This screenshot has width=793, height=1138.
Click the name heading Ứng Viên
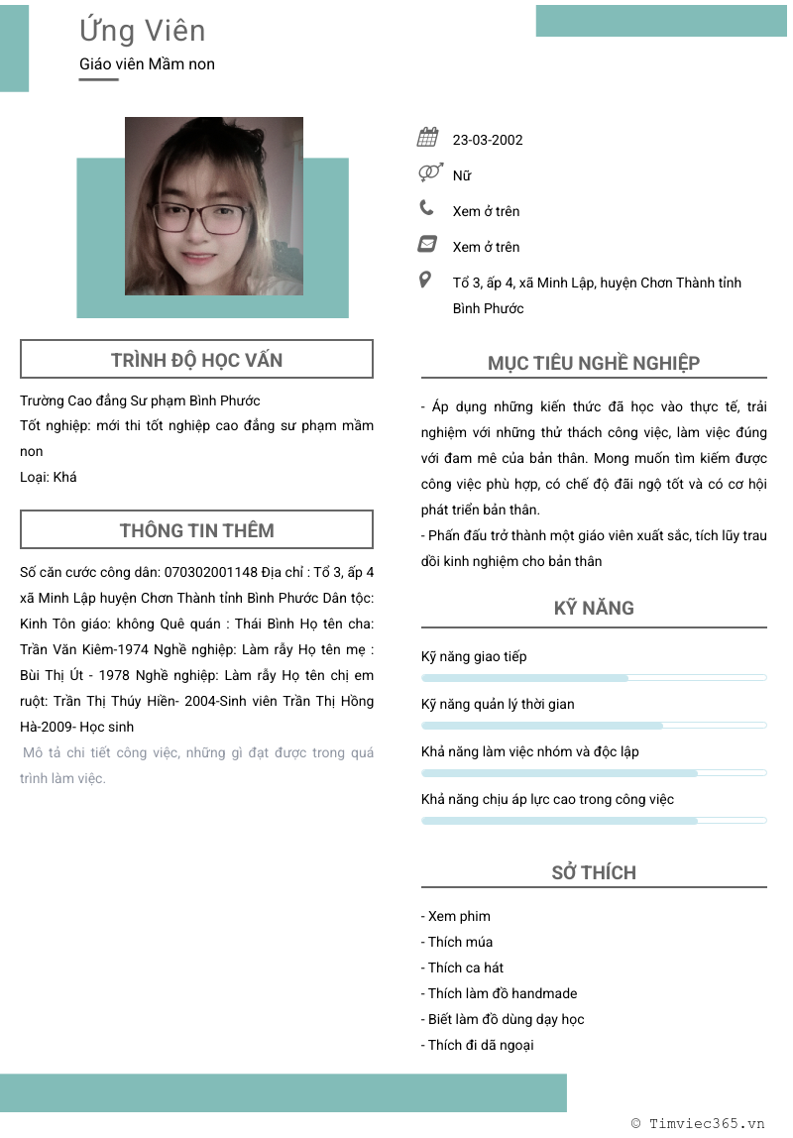[x=142, y=31]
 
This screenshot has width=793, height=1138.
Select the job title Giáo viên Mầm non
[x=147, y=64]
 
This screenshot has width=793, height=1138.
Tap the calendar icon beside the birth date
[x=428, y=138]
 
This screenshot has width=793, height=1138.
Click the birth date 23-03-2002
[x=488, y=140]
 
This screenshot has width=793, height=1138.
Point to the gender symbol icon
[x=428, y=173]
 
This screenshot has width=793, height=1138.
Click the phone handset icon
[x=427, y=208]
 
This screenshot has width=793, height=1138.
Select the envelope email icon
[x=428, y=244]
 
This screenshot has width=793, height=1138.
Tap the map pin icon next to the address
[x=426, y=281]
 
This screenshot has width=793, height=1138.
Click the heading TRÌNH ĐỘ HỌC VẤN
[x=196, y=360]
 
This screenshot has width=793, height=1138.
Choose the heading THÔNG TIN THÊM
[x=196, y=530]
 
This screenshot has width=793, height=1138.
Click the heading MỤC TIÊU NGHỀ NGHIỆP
[x=594, y=363]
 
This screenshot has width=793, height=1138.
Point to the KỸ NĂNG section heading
[x=594, y=608]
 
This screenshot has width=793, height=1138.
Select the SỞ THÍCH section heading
[x=594, y=872]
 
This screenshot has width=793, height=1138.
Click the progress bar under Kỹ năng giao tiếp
[x=594, y=678]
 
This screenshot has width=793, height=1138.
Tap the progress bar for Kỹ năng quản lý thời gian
[x=594, y=726]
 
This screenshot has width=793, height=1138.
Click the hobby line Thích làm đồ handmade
[x=499, y=993]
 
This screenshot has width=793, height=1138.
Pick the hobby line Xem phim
[x=456, y=916]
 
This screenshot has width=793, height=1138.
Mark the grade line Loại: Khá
[x=49, y=477]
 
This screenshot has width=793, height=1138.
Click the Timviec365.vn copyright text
[x=698, y=1123]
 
